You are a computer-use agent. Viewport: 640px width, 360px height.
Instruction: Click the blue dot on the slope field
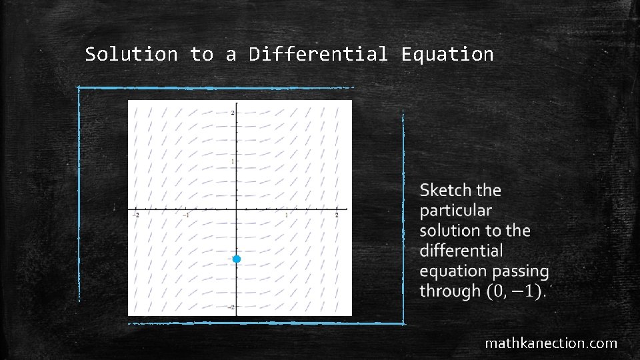(236, 259)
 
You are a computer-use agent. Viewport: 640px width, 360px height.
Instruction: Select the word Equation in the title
(447, 54)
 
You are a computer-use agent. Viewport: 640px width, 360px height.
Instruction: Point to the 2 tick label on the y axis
(232, 112)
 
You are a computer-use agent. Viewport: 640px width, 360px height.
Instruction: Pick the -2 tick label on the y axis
(231, 307)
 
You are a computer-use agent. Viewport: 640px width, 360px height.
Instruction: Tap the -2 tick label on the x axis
(136, 215)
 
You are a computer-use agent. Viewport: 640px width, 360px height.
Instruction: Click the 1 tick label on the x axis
(287, 215)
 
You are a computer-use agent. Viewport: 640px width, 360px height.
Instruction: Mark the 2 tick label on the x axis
(337, 215)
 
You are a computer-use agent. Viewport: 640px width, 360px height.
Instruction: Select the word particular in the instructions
(456, 211)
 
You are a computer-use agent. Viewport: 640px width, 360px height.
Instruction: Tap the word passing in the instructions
(521, 271)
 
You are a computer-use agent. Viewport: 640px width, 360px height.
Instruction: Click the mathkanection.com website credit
(551, 343)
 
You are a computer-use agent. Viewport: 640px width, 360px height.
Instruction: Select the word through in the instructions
(450, 291)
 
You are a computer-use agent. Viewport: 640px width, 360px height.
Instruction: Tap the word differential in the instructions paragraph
(461, 251)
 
